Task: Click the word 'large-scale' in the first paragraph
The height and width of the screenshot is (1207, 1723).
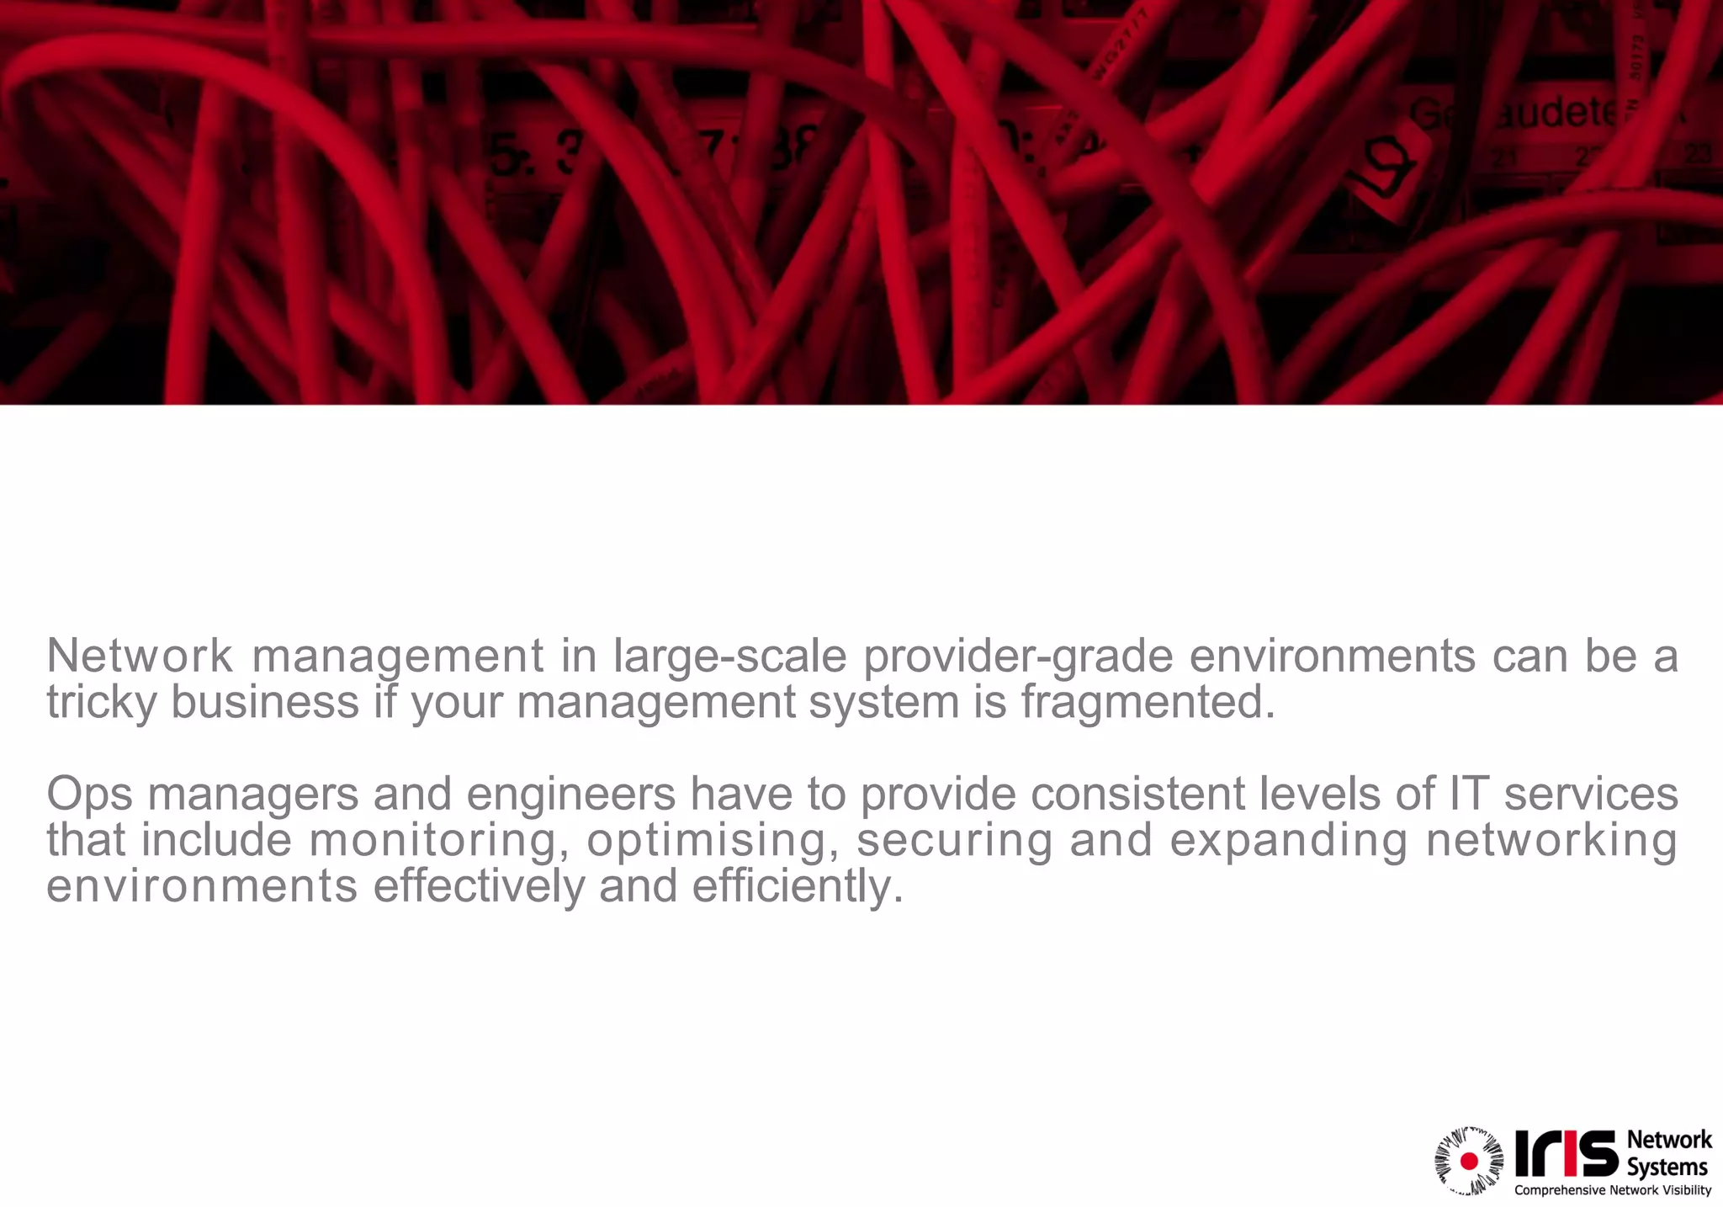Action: pos(729,657)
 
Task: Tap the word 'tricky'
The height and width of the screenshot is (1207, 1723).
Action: pos(101,702)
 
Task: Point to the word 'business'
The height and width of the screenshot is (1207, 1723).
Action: pos(265,702)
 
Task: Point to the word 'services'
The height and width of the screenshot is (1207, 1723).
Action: pos(1591,794)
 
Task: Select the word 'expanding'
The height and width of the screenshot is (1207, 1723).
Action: pos(1288,841)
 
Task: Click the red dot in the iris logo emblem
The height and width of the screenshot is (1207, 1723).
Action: pos(1469,1162)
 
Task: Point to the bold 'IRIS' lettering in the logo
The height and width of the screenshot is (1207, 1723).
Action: pos(1566,1154)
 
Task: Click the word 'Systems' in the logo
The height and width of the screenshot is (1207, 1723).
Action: pos(1667,1167)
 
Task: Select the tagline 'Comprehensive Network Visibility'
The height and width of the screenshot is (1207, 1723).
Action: pos(1613,1190)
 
